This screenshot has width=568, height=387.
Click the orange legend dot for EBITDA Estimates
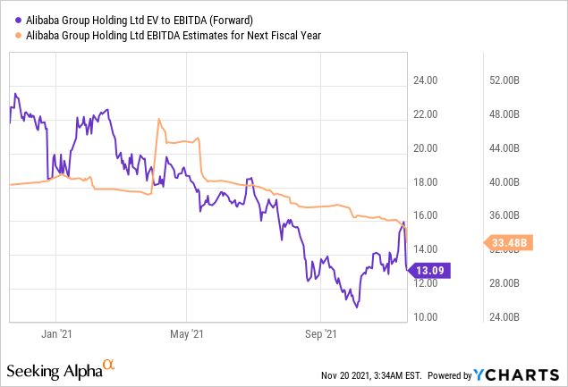tap(19, 36)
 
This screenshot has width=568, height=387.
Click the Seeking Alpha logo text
tap(53, 369)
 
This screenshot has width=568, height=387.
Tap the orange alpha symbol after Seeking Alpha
tap(108, 366)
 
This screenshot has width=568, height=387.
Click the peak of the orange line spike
tap(158, 119)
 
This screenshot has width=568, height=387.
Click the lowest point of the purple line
tap(357, 307)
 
